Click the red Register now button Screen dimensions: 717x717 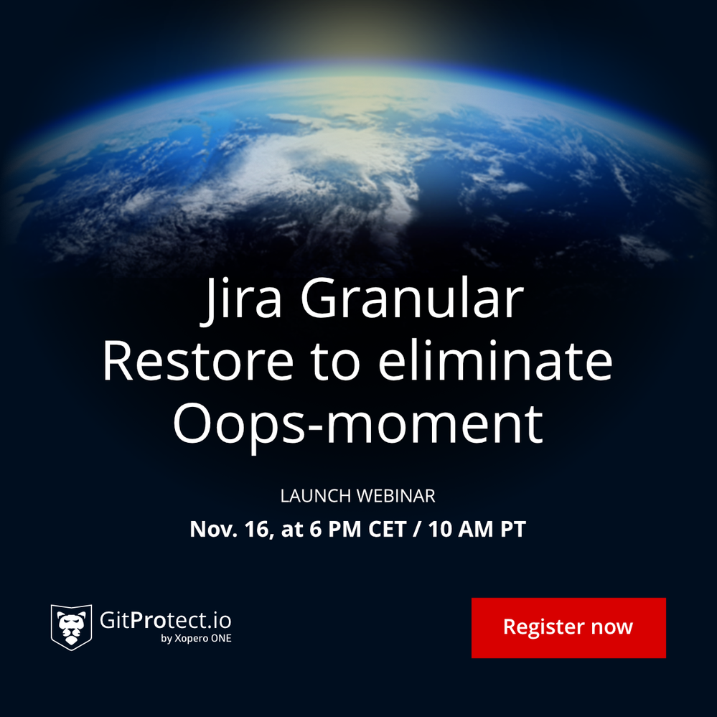[568, 627]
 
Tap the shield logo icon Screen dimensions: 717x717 [71, 627]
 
